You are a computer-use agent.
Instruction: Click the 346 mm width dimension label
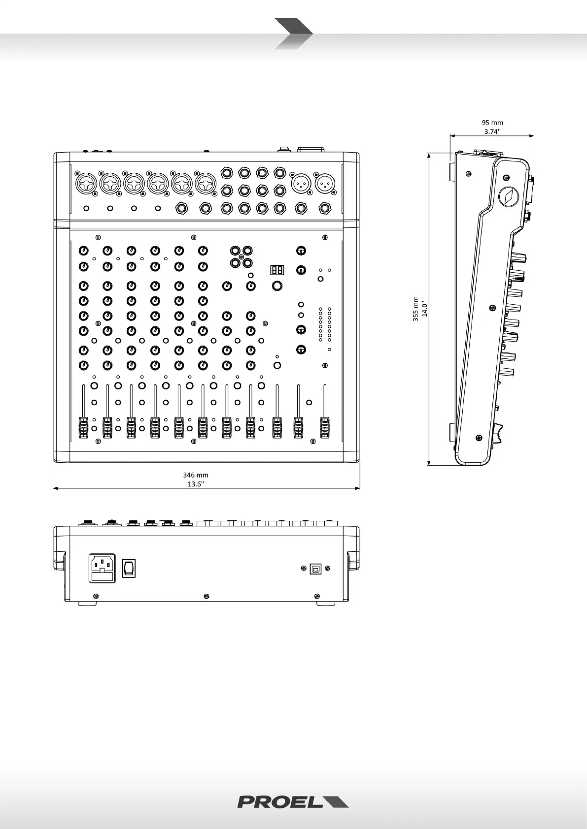click(196, 475)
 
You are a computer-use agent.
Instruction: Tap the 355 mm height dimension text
click(415, 309)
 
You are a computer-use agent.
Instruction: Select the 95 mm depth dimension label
click(492, 123)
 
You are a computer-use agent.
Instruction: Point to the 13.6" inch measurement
click(196, 484)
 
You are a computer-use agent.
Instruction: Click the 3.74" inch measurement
click(492, 131)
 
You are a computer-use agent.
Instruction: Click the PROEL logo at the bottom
click(293, 801)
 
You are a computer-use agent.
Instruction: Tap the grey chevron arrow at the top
click(293, 33)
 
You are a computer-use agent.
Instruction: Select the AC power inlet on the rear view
click(102, 568)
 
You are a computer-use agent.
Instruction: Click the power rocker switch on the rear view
click(129, 568)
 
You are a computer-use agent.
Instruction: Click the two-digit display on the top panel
click(277, 270)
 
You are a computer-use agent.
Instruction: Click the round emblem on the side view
click(507, 196)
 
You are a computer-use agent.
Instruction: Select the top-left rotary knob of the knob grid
click(84, 251)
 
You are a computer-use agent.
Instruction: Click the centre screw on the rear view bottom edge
click(207, 597)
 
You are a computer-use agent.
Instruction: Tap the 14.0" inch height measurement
click(424, 309)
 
